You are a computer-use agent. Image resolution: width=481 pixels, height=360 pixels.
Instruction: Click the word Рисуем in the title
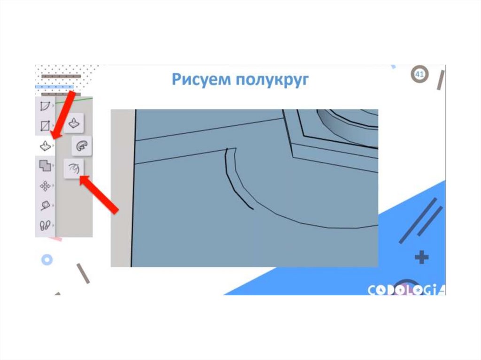[201, 79]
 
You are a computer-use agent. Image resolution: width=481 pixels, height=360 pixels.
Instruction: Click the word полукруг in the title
[272, 80]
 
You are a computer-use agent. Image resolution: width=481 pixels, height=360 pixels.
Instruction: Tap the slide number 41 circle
[419, 74]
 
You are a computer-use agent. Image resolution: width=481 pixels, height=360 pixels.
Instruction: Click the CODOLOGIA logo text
[406, 290]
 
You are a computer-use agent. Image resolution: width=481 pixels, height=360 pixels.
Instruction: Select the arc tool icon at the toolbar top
[45, 106]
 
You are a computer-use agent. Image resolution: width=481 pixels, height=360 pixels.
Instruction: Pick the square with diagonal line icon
[45, 125]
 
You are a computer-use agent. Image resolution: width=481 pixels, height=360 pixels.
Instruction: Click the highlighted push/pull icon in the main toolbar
[46, 146]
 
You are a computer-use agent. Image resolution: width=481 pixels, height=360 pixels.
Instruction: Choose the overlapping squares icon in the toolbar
[45, 166]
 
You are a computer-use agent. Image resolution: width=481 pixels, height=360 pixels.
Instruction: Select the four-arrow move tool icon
[45, 186]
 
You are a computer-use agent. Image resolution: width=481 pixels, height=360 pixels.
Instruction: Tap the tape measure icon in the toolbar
[46, 206]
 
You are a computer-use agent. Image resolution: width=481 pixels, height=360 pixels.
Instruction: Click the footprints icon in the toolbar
[45, 225]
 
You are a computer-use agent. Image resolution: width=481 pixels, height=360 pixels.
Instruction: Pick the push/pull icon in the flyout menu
[74, 123]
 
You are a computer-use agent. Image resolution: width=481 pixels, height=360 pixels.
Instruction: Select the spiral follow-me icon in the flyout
[82, 146]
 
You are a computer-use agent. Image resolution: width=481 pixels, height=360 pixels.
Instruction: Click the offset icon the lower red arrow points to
[74, 169]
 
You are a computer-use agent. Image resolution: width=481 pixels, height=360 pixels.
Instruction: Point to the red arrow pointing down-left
[62, 115]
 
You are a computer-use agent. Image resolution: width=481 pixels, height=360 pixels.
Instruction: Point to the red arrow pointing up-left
[99, 194]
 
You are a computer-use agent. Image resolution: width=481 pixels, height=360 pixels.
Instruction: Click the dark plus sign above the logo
[421, 257]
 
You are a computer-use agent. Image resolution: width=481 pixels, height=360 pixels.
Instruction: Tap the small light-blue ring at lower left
[47, 260]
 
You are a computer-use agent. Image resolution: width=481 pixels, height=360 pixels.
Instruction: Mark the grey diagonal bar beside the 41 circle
[441, 80]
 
